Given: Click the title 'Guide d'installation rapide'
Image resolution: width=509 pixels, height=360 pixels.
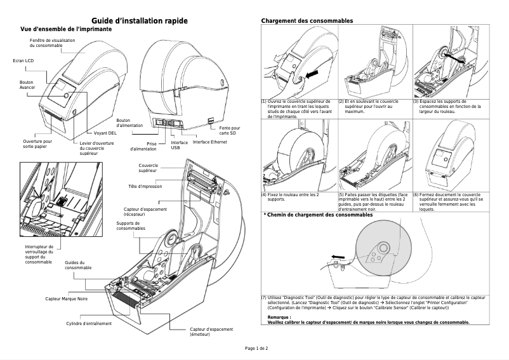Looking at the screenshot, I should point(140,21).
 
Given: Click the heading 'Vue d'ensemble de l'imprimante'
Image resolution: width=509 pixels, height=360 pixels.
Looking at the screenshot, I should point(67,30).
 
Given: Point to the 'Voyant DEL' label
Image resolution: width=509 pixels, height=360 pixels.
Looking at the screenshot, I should point(105,134).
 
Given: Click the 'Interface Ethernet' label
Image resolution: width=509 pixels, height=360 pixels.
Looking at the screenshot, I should point(209,142).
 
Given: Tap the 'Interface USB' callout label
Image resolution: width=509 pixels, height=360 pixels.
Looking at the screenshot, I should point(179,145).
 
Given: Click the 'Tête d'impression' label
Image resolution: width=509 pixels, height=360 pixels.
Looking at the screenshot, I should point(145,187).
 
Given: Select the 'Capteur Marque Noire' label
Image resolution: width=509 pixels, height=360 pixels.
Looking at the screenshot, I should point(66,298).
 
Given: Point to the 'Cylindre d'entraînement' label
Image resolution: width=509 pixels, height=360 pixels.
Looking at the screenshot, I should point(89,324).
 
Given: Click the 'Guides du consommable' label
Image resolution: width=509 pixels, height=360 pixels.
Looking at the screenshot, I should point(78,265).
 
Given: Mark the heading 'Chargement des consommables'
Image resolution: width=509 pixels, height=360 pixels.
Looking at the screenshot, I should point(307,22).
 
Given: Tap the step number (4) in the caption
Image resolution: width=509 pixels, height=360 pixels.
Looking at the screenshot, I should point(265,194).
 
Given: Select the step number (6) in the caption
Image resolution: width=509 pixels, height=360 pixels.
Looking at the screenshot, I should point(416,194).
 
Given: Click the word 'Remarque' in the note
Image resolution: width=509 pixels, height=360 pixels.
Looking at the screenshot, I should point(279,317).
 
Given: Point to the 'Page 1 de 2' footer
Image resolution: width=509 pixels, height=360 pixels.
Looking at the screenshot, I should point(257,349).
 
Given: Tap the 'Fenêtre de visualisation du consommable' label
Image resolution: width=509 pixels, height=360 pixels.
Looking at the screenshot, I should point(53,43).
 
